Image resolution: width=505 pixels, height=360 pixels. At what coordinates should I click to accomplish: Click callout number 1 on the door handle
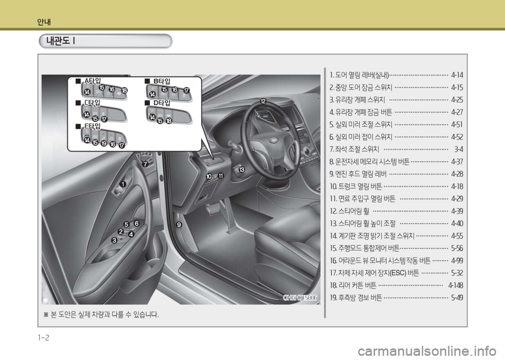pyautogui.click(x=123, y=184)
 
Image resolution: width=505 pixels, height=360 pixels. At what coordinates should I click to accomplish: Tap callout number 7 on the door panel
pyautogui.click(x=145, y=164)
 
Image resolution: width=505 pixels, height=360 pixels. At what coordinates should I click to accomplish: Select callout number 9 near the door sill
pyautogui.click(x=179, y=225)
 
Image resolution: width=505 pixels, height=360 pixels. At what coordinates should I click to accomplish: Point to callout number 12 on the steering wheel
pyautogui.click(x=263, y=101)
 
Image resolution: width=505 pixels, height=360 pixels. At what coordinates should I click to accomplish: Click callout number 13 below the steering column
pyautogui.click(x=241, y=170)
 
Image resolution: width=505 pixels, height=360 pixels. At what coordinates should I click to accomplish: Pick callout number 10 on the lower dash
pyautogui.click(x=209, y=176)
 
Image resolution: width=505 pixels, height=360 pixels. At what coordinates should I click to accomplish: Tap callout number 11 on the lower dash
pyautogui.click(x=220, y=176)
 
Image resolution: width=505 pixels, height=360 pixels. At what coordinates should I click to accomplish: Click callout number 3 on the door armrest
pyautogui.click(x=114, y=240)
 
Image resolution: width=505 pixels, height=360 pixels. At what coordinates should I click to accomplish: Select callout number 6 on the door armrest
pyautogui.click(x=137, y=223)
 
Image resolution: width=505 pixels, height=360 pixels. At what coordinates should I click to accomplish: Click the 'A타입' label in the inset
pyautogui.click(x=93, y=81)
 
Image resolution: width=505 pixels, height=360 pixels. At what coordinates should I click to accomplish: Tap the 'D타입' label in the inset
pyautogui.click(x=161, y=103)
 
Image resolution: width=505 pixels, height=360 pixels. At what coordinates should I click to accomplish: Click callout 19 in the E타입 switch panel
pyautogui.click(x=104, y=143)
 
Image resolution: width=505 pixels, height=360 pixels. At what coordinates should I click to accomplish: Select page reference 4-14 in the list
pyautogui.click(x=457, y=75)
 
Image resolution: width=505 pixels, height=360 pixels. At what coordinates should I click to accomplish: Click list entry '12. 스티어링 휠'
pyautogui.click(x=349, y=211)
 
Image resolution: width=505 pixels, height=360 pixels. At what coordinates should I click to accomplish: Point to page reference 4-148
pyautogui.click(x=456, y=285)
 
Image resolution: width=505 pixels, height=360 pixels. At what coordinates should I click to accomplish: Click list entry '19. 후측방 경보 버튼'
pyautogui.click(x=356, y=298)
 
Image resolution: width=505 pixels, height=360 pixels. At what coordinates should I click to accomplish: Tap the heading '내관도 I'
pyautogui.click(x=60, y=41)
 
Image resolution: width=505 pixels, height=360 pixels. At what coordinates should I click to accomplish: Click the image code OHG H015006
pyautogui.click(x=300, y=298)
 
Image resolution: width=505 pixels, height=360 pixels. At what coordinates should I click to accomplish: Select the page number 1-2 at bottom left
pyautogui.click(x=44, y=338)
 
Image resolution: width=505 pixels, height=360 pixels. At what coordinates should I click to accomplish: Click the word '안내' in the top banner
pyautogui.click(x=44, y=22)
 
